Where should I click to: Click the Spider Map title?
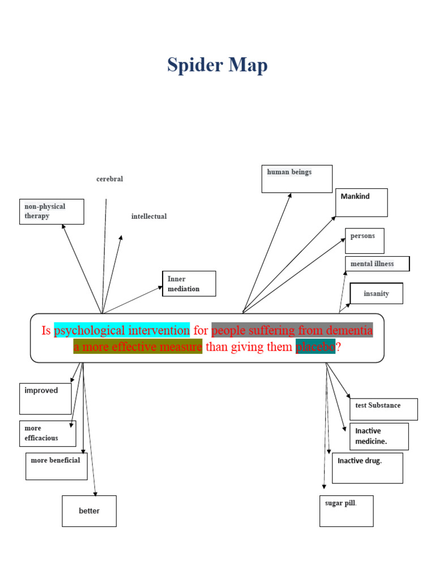217,66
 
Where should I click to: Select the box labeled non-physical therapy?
52,211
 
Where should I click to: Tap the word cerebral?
109,179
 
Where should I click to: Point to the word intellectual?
149,217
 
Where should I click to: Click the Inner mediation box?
189,284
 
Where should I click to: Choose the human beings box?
297,179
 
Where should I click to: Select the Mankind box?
361,202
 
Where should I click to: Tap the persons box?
364,241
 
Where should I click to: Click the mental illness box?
377,263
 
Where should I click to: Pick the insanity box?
377,294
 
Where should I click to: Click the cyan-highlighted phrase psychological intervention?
122,330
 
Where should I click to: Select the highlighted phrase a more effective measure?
138,347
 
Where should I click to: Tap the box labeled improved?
45,398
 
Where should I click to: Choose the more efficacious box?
48,433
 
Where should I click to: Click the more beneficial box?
56,466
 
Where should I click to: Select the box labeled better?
89,511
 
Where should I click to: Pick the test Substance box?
383,409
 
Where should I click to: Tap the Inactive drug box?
367,468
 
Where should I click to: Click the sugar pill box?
346,511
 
